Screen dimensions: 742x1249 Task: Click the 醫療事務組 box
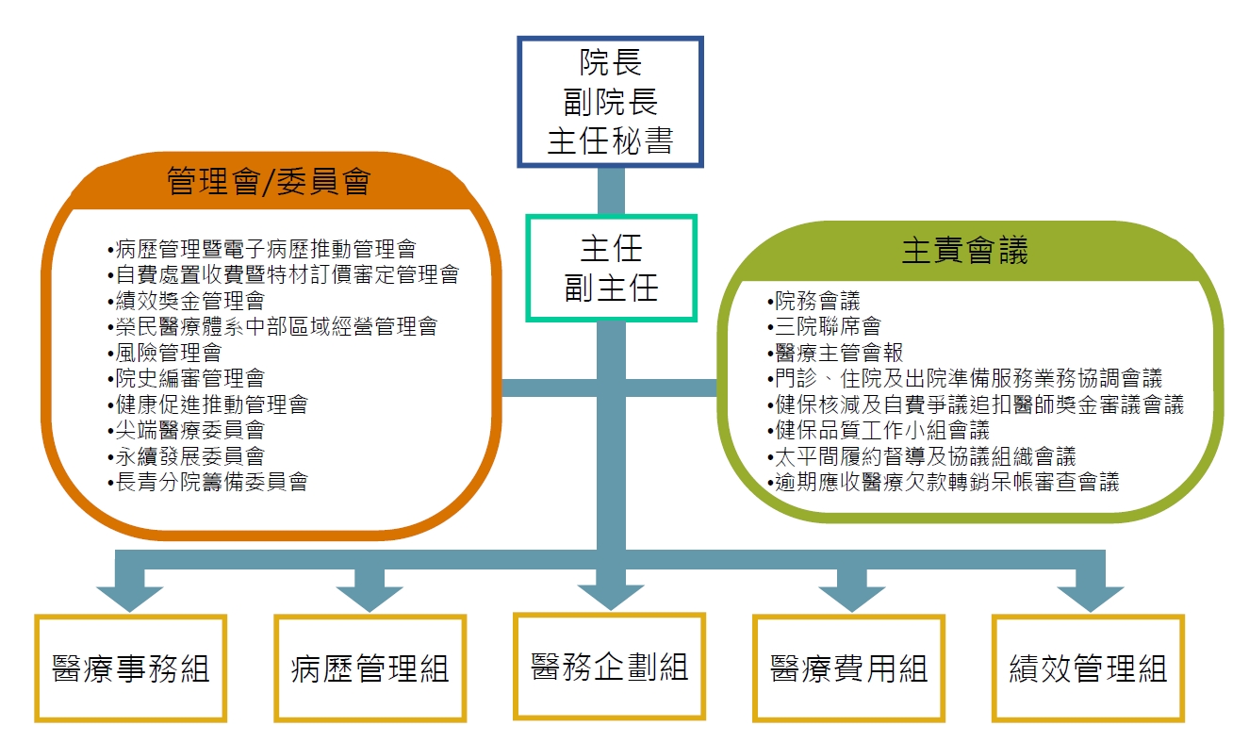131,668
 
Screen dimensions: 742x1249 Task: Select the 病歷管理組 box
370,668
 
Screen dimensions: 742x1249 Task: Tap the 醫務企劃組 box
609,666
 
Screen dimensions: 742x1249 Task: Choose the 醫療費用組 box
848,668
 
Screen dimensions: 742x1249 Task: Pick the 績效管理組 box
1088,668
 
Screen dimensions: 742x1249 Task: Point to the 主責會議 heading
964,251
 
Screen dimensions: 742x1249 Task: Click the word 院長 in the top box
610,63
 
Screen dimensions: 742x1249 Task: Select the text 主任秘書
610,140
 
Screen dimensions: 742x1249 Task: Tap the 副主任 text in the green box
611,289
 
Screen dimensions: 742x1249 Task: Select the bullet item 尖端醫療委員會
189,431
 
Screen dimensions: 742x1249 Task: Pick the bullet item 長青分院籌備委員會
210,482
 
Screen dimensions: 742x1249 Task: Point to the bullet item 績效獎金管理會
189,301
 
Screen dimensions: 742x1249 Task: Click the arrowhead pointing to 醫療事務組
130,597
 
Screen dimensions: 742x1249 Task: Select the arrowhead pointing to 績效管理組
1090,597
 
